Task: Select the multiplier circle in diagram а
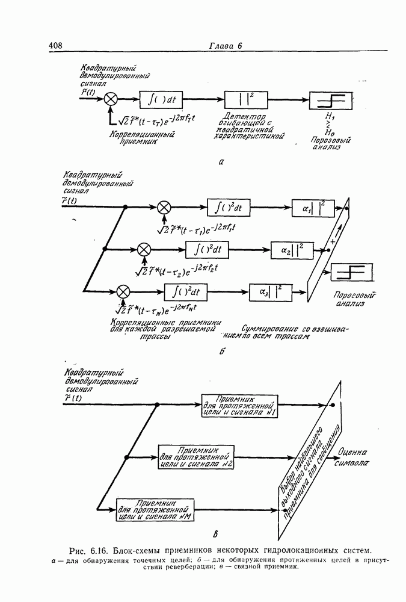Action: pos(111,99)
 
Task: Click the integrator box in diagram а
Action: pos(161,99)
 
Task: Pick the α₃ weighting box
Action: pos(271,291)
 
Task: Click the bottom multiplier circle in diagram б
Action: pos(123,291)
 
